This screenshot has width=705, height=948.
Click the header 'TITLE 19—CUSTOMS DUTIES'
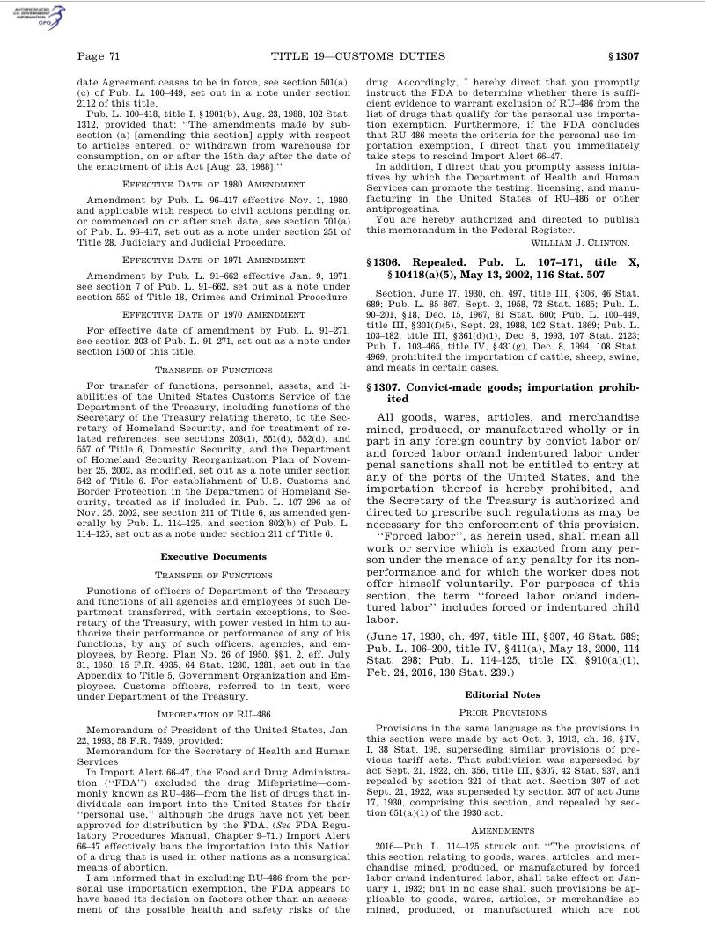tap(358, 57)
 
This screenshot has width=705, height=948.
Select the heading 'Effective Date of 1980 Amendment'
tap(213, 185)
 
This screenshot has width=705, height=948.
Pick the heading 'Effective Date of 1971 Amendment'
tap(213, 261)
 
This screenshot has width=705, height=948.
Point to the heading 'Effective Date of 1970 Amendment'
tap(213, 312)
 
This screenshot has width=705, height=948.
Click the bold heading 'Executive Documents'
tap(213, 556)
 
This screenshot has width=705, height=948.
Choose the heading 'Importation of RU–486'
tap(213, 714)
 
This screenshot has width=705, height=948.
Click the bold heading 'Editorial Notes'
tap(503, 694)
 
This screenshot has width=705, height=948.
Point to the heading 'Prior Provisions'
tap(503, 712)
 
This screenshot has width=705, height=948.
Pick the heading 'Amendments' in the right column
tap(503, 830)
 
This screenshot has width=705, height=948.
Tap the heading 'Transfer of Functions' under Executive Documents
tap(213, 574)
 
